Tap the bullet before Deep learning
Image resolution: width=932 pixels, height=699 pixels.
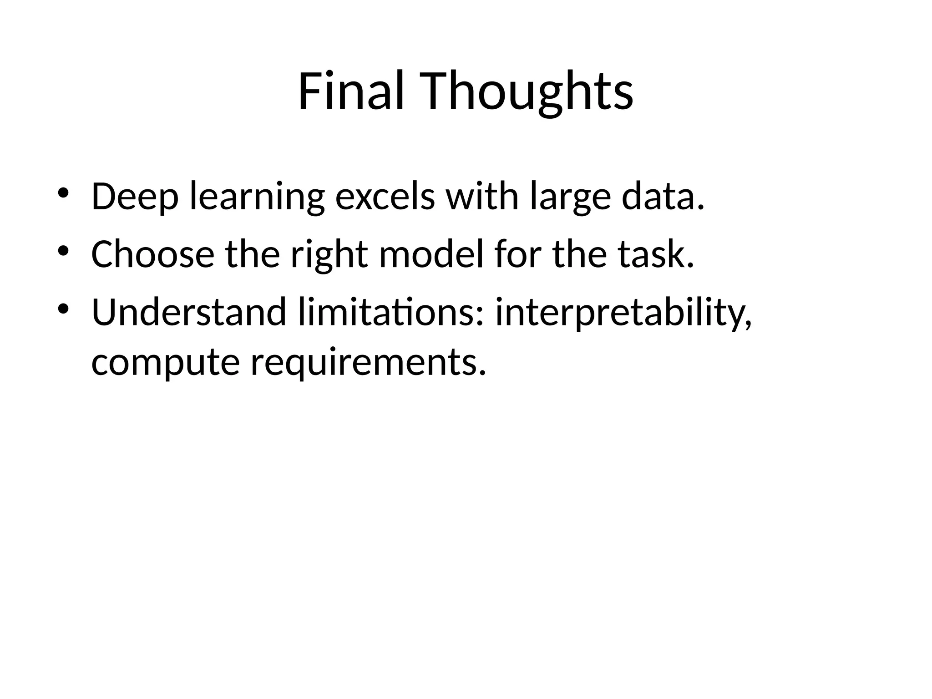63,192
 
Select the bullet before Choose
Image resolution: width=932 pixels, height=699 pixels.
63,250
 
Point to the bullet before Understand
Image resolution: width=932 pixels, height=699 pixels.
63,309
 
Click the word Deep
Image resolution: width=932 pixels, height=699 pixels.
135,197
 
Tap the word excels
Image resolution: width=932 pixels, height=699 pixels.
385,197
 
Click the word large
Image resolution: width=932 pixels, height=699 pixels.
570,197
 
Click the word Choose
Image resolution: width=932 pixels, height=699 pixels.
153,255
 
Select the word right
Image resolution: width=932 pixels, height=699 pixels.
329,255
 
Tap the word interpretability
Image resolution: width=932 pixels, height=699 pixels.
623,313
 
